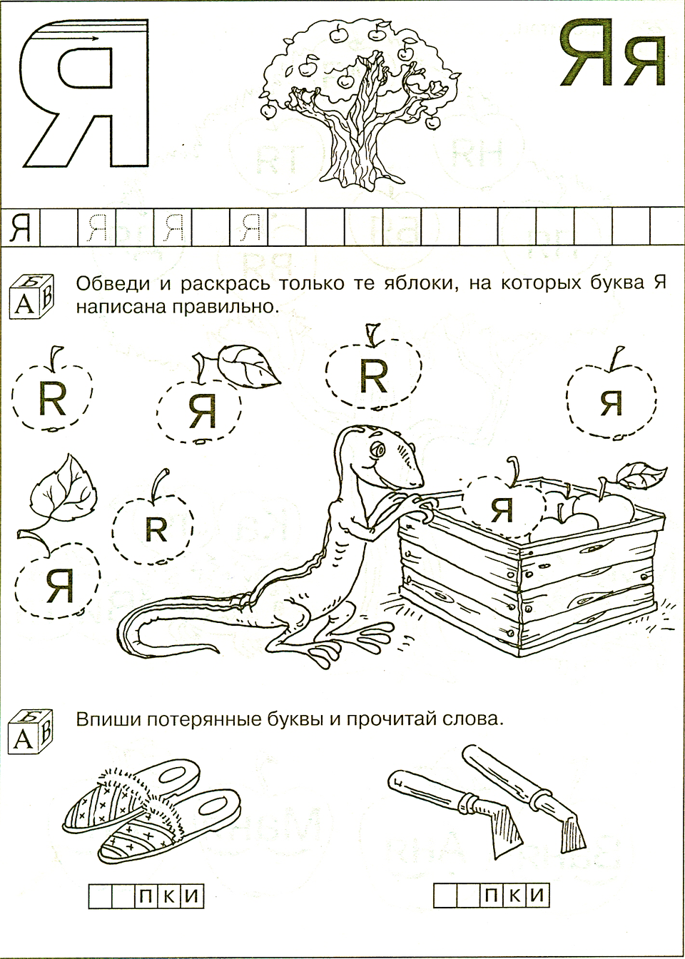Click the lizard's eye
(378, 449)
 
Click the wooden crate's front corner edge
(519, 602)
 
